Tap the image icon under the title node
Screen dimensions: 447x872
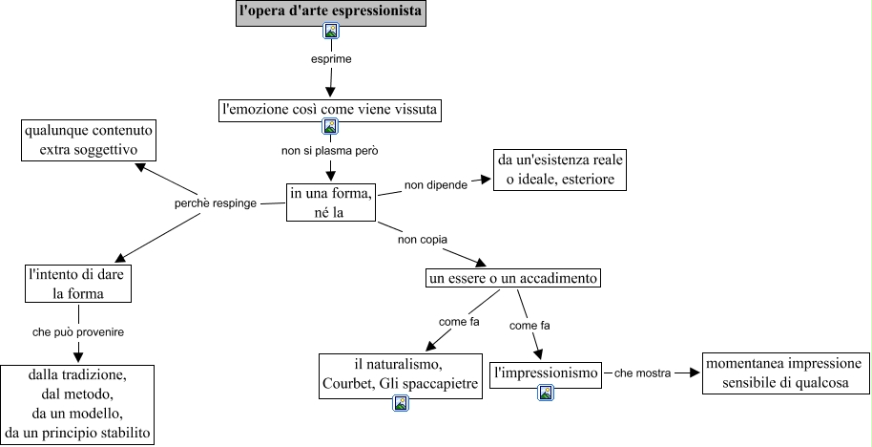coord(331,32)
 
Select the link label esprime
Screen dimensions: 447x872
coord(331,59)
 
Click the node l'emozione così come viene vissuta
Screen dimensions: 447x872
coord(330,110)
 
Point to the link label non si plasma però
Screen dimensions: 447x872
coord(330,151)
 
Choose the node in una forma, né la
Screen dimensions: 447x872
coord(330,202)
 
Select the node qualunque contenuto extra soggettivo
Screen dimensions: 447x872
coord(89,140)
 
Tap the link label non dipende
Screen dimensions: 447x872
coord(435,184)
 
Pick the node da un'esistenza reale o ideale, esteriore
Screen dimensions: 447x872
coord(560,170)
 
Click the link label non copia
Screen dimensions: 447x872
coord(423,239)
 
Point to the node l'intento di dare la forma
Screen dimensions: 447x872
coord(78,284)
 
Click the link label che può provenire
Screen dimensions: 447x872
coord(78,332)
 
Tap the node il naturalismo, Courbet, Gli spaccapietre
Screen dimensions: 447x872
coord(400,373)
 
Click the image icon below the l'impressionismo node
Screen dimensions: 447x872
coord(546,392)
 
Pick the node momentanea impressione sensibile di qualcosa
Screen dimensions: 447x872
coord(785,372)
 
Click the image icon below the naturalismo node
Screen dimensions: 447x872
coord(401,403)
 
